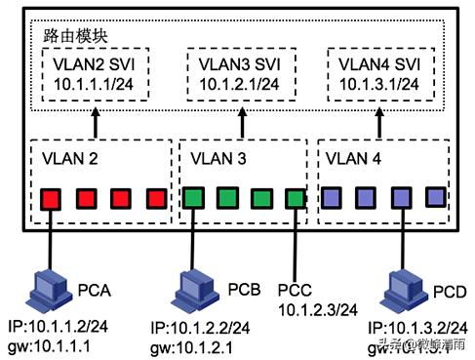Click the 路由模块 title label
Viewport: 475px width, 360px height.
point(75,33)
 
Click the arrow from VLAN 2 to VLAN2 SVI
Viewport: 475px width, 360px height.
point(96,123)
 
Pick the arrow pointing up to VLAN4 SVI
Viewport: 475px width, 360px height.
point(378,123)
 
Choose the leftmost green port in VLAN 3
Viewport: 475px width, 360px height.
point(192,198)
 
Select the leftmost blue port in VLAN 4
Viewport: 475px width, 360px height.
point(332,198)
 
